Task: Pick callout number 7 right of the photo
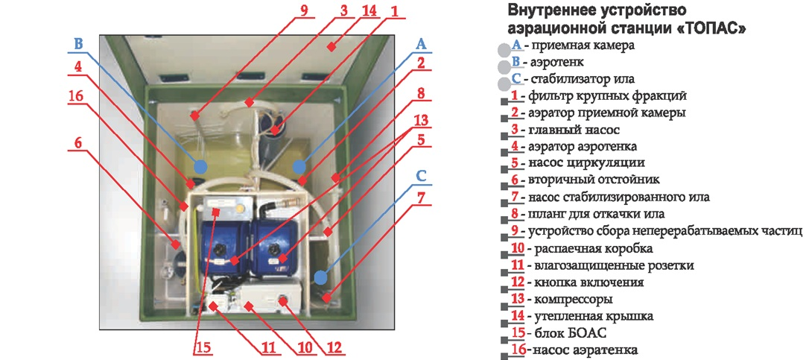(x=421, y=200)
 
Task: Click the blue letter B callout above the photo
(x=79, y=42)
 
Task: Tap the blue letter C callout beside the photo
(x=421, y=177)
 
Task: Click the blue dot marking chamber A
(x=299, y=166)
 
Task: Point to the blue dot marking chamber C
(x=321, y=277)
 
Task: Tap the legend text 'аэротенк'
(x=553, y=62)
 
